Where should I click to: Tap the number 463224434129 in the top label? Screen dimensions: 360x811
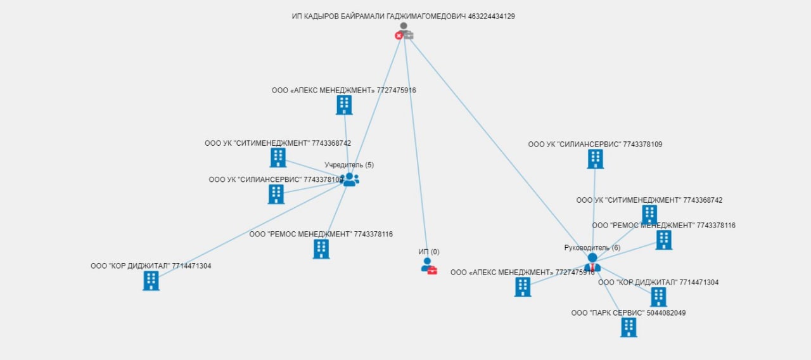(491, 16)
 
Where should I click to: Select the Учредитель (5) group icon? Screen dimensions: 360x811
(350, 180)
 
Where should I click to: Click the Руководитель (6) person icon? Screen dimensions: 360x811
(592, 262)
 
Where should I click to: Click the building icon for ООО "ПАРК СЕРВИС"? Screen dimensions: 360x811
(629, 327)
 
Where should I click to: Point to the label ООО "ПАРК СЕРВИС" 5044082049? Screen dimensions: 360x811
(628, 313)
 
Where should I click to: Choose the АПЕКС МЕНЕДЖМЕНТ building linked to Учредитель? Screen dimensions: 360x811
(344, 105)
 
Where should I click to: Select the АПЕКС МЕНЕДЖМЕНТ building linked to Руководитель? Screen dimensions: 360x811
(523, 287)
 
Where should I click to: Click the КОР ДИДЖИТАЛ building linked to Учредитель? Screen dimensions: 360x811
(151, 280)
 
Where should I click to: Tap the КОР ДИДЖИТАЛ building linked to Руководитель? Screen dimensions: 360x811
(658, 297)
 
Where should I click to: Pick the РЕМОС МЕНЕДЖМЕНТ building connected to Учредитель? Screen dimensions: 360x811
(321, 249)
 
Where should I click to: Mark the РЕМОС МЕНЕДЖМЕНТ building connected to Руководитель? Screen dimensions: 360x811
(663, 240)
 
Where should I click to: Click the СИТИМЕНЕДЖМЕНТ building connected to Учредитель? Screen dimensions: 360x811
(278, 158)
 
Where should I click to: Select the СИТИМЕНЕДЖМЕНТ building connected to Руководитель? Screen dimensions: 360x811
(649, 214)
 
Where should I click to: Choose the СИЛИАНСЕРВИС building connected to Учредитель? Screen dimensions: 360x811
(276, 194)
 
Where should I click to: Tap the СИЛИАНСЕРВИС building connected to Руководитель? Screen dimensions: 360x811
(595, 159)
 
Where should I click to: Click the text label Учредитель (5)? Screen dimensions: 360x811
(349, 165)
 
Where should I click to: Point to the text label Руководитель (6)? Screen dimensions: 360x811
(592, 248)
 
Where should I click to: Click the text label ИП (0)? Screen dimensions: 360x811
(429, 252)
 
